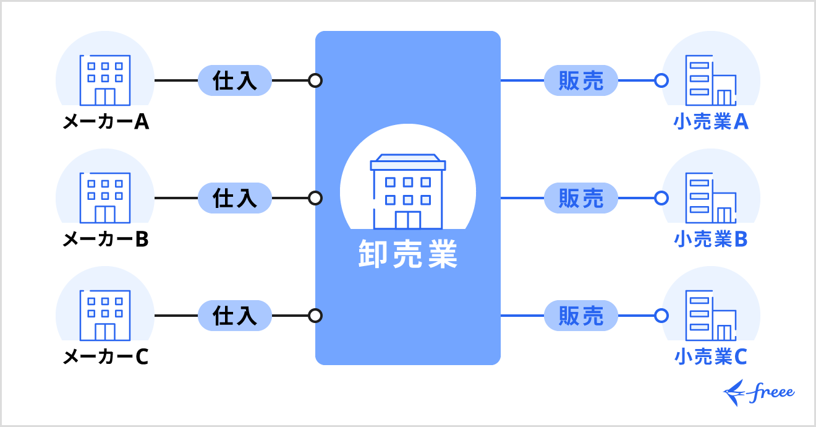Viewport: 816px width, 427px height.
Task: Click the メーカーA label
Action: [x=105, y=122]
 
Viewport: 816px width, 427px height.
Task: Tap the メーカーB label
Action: [x=105, y=239]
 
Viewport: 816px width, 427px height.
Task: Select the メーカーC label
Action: [x=105, y=357]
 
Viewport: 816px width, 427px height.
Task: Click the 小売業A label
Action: [x=711, y=122]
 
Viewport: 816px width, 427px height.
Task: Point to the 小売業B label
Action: [x=711, y=239]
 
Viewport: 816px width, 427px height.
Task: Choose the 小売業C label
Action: [x=711, y=357]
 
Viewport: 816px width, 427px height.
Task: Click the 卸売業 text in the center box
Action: [x=408, y=254]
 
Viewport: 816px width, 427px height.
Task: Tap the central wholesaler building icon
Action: [x=408, y=192]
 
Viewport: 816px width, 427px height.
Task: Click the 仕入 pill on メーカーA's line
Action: [x=235, y=80]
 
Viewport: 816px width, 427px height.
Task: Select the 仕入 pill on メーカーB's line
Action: [x=235, y=198]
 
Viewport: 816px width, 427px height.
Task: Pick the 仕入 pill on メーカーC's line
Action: [x=235, y=316]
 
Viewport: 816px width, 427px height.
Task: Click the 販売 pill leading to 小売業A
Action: [x=581, y=80]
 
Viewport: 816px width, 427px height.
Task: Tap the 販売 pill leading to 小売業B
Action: [x=581, y=198]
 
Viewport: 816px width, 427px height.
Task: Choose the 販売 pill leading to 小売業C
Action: [x=581, y=316]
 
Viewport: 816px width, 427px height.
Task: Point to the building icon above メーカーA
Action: [x=105, y=80]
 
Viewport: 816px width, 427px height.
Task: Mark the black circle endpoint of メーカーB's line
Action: [x=315, y=198]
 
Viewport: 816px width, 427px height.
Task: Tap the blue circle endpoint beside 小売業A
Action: [x=661, y=80]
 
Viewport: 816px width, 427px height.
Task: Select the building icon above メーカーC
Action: [x=105, y=315]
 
